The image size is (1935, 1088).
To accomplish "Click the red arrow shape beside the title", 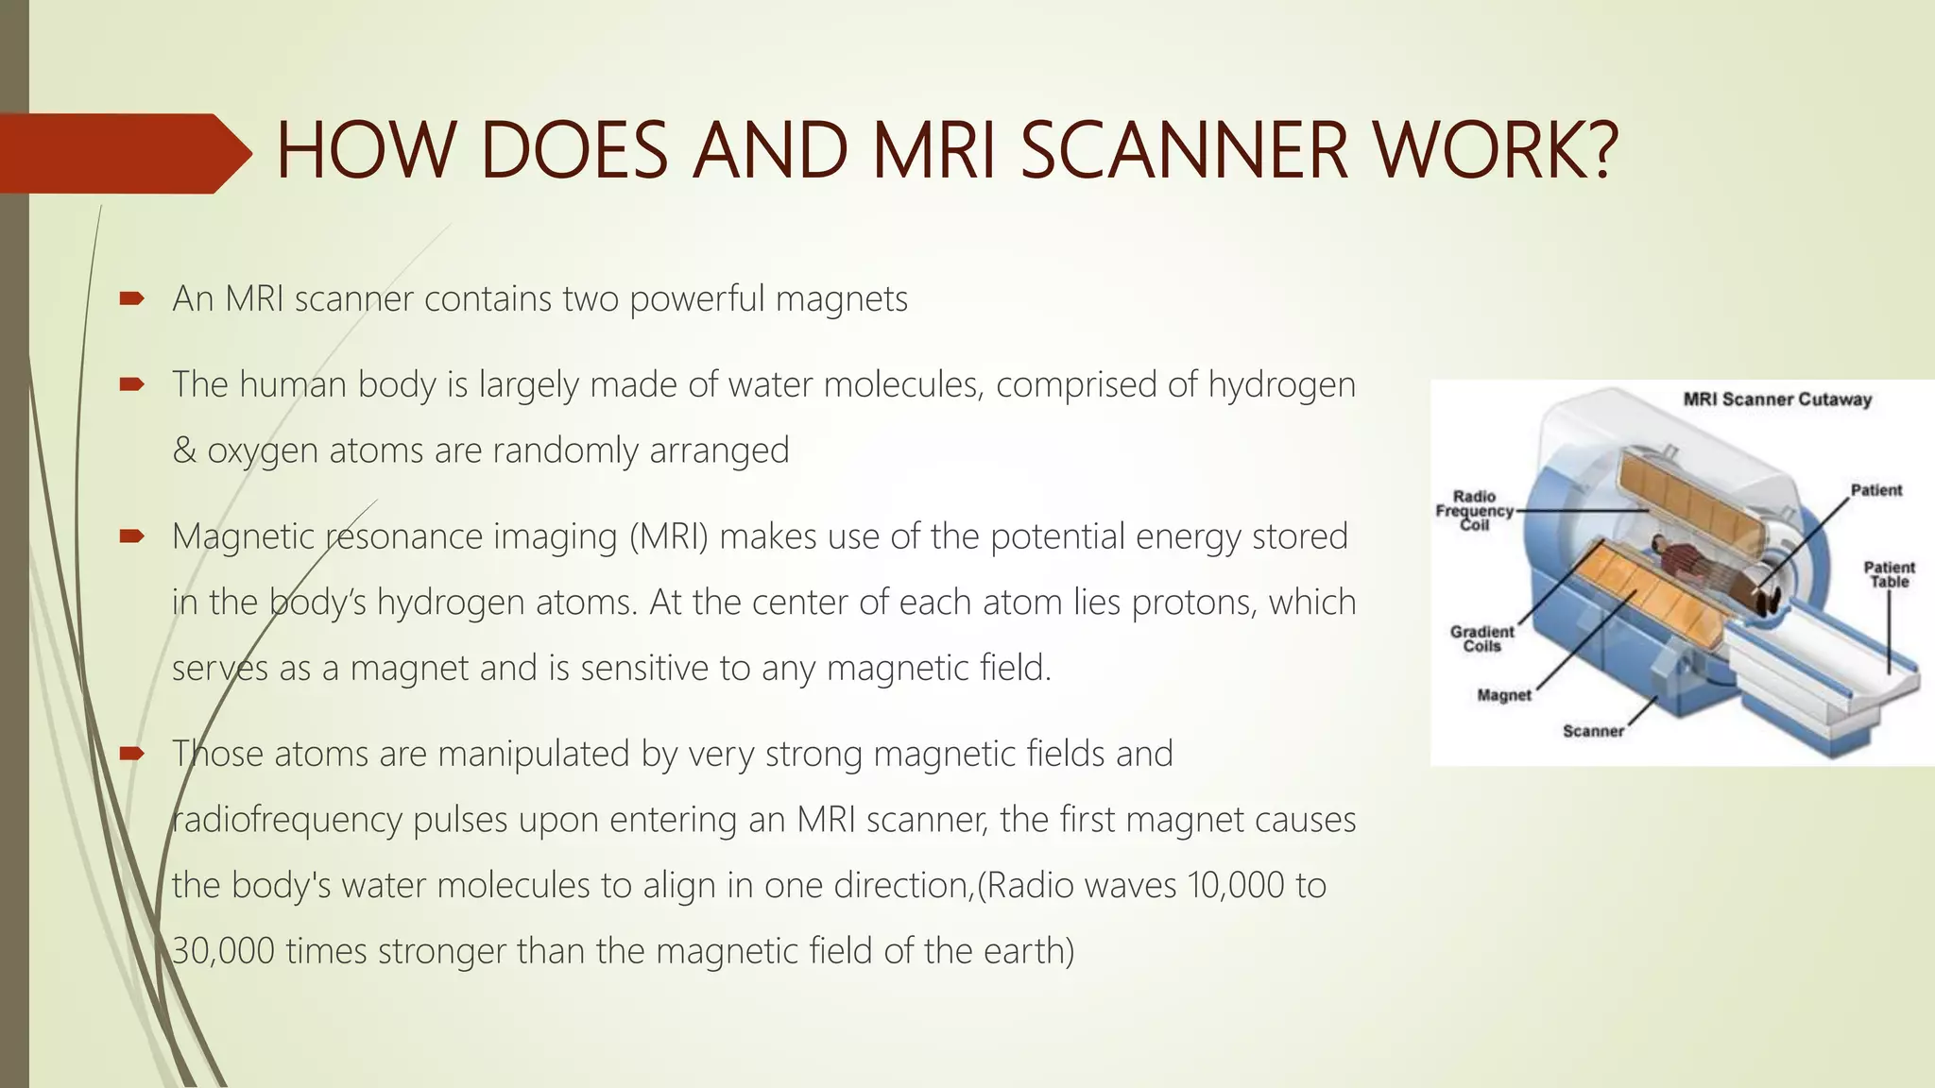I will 123,153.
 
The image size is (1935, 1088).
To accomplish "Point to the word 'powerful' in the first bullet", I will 697,299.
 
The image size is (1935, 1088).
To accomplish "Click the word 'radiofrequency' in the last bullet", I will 287,820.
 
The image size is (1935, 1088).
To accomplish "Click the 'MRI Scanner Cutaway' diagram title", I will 1776,399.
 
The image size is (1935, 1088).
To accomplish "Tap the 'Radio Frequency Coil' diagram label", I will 1474,510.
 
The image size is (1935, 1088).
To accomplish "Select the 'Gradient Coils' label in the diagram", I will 1481,638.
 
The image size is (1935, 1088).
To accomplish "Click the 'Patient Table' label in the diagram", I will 1889,574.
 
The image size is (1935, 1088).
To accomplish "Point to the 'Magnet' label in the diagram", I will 1503,696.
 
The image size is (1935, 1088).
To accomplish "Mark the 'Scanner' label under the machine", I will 1593,731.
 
